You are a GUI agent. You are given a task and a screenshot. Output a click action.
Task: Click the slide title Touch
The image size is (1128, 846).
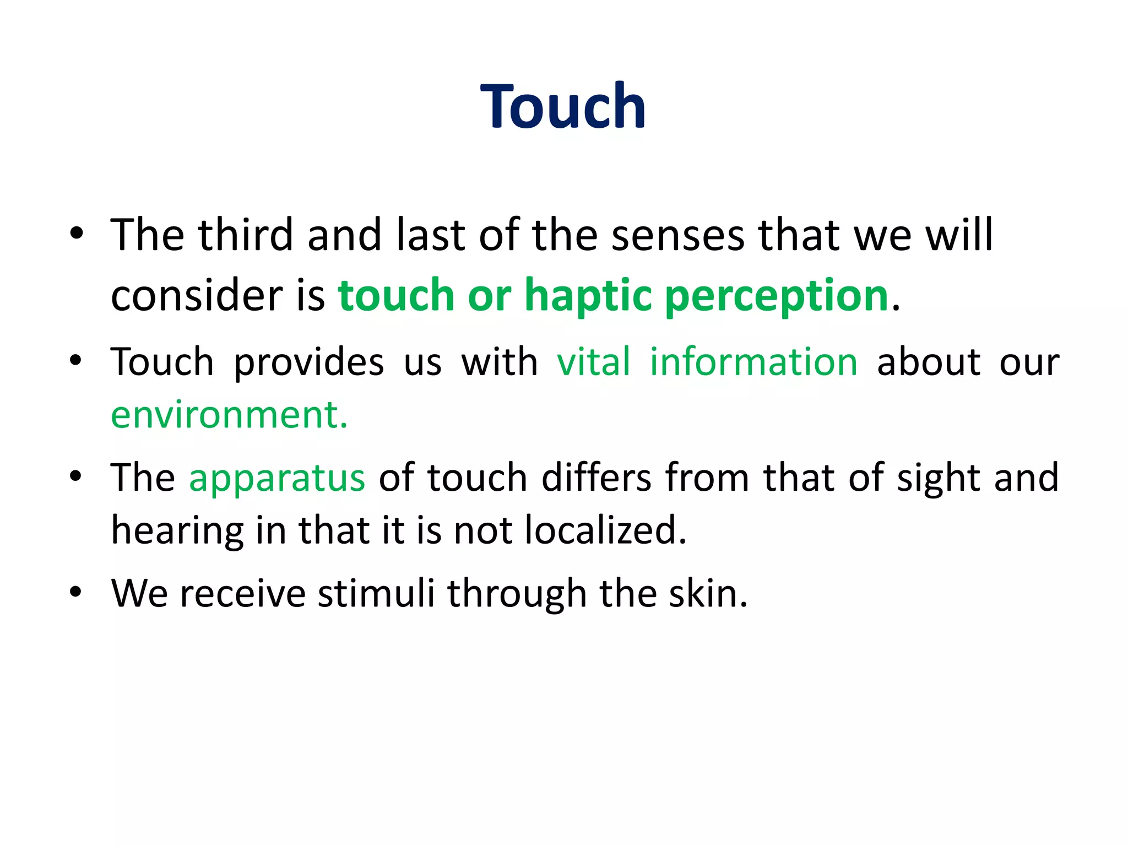pos(563,106)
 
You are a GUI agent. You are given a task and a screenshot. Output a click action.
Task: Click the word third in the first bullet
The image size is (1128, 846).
pos(245,235)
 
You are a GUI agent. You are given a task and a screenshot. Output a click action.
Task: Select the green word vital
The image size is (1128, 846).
pos(593,362)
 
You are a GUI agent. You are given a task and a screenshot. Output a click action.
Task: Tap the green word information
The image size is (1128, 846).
pos(753,362)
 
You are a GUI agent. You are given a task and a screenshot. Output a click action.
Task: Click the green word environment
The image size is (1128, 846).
pos(229,415)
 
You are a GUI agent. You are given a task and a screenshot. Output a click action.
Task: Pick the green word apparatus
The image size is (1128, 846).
pos(276,478)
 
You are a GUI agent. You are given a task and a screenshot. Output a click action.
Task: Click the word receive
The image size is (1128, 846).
pos(242,594)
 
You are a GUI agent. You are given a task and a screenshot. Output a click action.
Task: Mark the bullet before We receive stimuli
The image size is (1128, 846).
pos(76,593)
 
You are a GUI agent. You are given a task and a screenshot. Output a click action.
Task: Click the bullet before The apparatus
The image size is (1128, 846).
pos(76,476)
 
